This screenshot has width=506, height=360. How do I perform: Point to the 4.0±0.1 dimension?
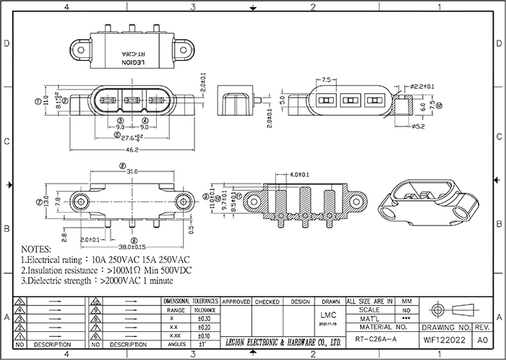tap(299, 175)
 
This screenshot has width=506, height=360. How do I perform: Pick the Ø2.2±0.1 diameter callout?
tap(421, 87)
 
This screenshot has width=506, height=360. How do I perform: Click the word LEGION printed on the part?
tap(132, 63)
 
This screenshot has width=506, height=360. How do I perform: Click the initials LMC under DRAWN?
tap(327, 316)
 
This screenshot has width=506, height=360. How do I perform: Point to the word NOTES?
tap(42, 247)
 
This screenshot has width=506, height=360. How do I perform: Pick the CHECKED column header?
tap(267, 301)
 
